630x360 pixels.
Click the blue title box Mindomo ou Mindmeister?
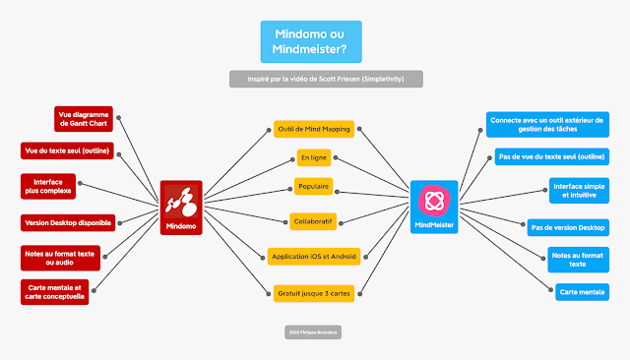click(x=310, y=40)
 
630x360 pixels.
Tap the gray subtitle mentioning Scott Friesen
click(x=326, y=79)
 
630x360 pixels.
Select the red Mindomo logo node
click(x=181, y=208)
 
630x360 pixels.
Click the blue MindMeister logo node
click(x=434, y=207)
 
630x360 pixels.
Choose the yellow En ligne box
click(x=314, y=157)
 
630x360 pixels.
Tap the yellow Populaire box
click(x=313, y=187)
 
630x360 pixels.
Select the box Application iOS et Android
click(x=314, y=257)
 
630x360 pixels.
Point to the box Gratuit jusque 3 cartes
click(x=314, y=291)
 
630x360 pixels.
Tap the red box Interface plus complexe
click(x=48, y=186)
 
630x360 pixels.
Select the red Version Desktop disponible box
click(x=67, y=222)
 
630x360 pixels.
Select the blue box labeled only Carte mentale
click(x=582, y=292)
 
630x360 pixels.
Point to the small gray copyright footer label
click(x=310, y=332)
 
